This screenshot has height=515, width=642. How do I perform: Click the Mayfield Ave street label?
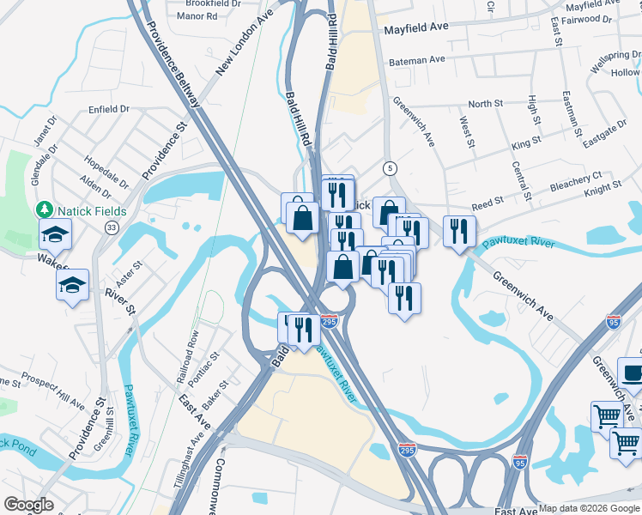415,28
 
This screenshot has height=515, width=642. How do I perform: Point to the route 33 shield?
112,227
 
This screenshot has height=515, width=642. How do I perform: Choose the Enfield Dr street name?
109,110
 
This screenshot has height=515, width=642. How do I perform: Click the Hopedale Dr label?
106,172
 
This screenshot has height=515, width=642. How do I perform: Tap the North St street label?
486,104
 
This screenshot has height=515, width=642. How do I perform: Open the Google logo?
28,505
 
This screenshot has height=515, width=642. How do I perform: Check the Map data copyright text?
588,508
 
